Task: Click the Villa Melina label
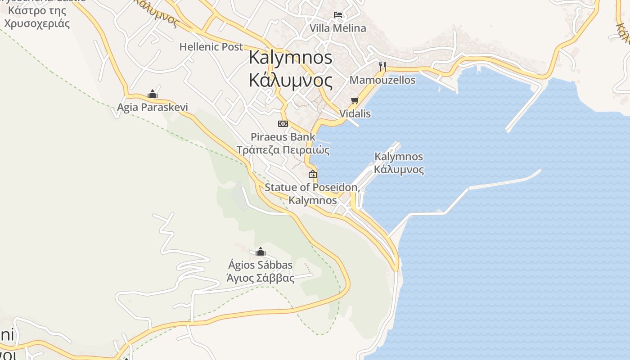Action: [337, 28]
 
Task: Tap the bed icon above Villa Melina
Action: [337, 15]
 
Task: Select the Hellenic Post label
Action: [211, 46]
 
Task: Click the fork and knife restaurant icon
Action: [382, 67]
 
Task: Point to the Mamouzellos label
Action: [382, 80]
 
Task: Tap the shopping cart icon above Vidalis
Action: [355, 100]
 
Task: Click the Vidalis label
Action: [355, 113]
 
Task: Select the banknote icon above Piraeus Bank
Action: [283, 123]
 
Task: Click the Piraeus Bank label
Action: [283, 137]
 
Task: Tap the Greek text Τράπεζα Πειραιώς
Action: [283, 150]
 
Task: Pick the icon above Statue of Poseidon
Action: [312, 174]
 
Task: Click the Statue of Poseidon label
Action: [312, 187]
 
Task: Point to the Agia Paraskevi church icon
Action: [152, 94]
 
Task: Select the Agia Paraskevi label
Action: [152, 107]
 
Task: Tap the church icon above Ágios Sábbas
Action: [260, 252]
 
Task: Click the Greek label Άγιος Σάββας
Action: [260, 278]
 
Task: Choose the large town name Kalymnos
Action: [291, 57]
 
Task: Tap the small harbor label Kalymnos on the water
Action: [399, 157]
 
